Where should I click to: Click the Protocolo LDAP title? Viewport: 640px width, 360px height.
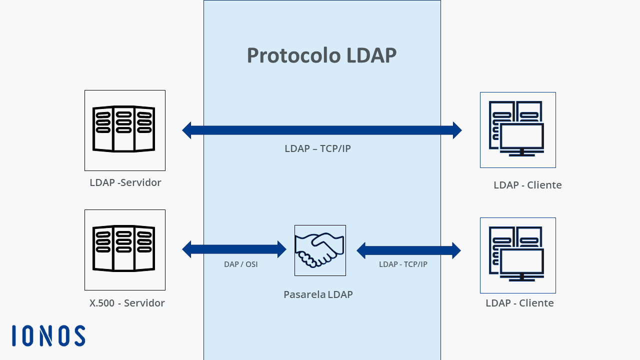[x=321, y=55]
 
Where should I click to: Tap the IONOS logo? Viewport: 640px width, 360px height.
[x=48, y=335]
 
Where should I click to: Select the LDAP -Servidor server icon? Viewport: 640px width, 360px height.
[x=123, y=128]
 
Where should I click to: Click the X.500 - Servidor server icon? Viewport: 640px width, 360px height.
[x=123, y=248]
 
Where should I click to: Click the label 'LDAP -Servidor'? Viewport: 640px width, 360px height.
[x=125, y=182]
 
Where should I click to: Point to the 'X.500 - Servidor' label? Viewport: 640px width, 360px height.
[x=127, y=303]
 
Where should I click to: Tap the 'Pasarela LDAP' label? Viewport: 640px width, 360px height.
[x=318, y=294]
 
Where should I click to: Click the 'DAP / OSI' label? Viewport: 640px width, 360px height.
[x=241, y=264]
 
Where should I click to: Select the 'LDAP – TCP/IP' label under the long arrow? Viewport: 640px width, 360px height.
[x=317, y=148]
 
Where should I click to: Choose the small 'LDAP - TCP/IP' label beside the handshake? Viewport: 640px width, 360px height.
[x=403, y=264]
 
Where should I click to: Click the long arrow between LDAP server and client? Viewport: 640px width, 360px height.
[x=322, y=130]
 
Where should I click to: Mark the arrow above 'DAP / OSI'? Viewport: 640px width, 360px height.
[x=234, y=249]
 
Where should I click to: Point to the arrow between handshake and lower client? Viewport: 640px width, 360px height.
[x=408, y=250]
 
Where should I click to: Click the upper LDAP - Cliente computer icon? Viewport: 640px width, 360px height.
[x=516, y=128]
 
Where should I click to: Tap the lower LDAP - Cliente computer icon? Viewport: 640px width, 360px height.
[x=516, y=254]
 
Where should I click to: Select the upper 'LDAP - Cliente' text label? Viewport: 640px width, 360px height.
[x=527, y=185]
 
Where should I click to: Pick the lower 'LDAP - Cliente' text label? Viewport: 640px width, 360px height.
[x=519, y=303]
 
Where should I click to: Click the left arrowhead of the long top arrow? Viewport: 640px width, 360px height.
[x=187, y=130]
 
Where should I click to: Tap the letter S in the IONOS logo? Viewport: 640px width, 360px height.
[x=80, y=335]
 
